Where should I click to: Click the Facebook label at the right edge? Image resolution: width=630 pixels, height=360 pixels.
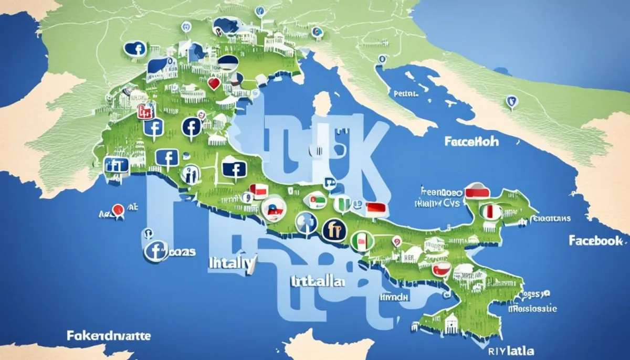pos(595,240)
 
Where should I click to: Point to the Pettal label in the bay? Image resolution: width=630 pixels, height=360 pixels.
pos(405,94)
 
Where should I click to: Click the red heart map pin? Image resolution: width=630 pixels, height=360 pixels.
pos(213,84)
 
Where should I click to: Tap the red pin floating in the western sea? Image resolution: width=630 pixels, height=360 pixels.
pos(118,210)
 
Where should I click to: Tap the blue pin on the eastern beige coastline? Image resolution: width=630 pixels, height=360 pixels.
pos(510,101)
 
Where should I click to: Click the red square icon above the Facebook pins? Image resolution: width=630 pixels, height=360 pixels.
pos(143,111)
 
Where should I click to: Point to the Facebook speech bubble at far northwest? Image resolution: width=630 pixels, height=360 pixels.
pos(135,49)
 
